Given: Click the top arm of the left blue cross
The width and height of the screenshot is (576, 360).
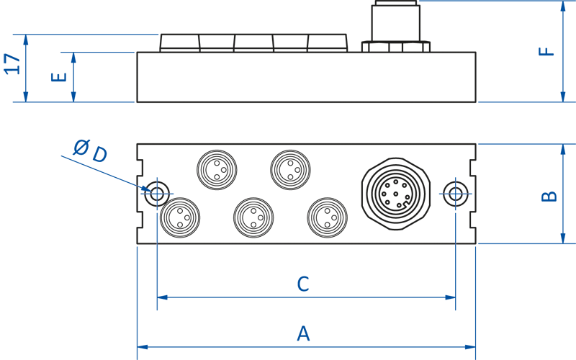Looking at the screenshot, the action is pos(158,173).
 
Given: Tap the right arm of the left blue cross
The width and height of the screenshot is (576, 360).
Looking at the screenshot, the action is pos(171,193).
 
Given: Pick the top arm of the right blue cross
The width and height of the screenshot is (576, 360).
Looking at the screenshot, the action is pos(455,173).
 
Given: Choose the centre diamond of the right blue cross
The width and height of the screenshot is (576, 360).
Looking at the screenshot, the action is pos(455,193).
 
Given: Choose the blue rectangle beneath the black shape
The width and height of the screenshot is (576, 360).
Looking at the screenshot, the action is pos(306,317).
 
